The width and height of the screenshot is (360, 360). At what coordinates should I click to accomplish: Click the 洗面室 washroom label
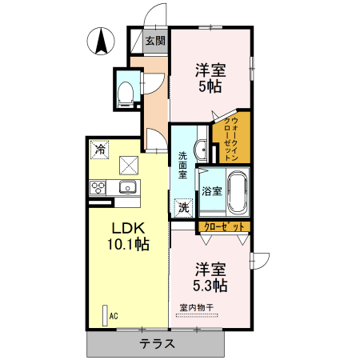pyautogui.click(x=182, y=164)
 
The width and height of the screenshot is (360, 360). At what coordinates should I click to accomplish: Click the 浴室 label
pyautogui.click(x=211, y=192)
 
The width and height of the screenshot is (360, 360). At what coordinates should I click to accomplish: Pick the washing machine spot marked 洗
pyautogui.click(x=184, y=208)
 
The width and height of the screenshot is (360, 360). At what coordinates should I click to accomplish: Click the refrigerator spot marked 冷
pyautogui.click(x=99, y=149)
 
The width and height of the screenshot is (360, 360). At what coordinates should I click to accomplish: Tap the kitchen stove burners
pyautogui.click(x=99, y=189)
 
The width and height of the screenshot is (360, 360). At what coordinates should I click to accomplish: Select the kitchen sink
pyautogui.click(x=127, y=189)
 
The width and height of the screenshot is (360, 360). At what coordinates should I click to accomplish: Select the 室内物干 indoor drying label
pyautogui.click(x=196, y=308)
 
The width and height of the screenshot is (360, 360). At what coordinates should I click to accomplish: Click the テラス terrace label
pyautogui.click(x=158, y=344)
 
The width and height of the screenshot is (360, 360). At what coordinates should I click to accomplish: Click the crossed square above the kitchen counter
pyautogui.click(x=128, y=166)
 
